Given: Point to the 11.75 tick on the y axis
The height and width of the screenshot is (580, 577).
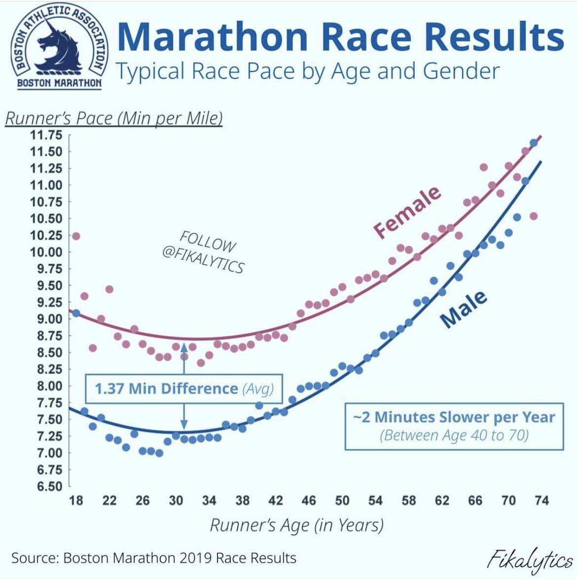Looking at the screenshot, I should [46, 135].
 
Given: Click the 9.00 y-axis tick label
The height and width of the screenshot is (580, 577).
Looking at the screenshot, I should [49, 319].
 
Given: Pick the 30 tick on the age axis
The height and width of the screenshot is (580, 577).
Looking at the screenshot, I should [176, 501].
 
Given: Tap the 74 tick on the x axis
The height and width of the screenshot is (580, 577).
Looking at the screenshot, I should [541, 501].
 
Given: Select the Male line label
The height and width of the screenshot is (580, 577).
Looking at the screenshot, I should [463, 309].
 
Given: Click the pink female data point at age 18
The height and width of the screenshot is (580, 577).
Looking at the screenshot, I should [76, 236].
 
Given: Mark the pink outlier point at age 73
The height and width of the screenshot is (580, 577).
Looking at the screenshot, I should [533, 216].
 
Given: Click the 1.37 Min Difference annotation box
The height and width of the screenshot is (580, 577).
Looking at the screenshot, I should [184, 388].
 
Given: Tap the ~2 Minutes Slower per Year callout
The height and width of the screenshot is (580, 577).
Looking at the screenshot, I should [454, 426].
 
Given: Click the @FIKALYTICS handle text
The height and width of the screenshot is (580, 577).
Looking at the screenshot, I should [203, 259].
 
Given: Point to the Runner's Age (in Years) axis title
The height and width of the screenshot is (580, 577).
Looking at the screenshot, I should [297, 525].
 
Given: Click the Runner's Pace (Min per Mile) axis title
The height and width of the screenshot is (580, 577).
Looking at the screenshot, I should [113, 118].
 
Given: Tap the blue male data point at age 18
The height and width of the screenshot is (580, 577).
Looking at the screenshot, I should [76, 313].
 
